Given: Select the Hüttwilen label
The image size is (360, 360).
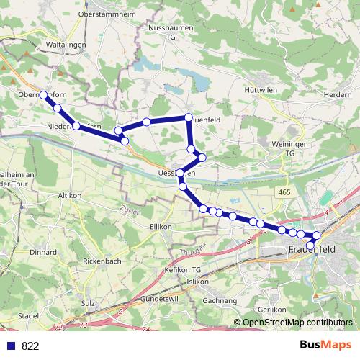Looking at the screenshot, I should tap(261, 89).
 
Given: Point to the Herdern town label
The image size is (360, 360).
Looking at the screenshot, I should tap(338, 94).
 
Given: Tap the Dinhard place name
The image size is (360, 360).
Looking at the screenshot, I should tap(43, 253).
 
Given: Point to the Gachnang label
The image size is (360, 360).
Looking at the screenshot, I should tap(220, 300).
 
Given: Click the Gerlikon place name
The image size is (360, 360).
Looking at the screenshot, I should tap(273, 308).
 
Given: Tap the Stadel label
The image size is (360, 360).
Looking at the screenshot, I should tap(27, 315).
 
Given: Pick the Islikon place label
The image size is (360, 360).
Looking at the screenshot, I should tap(197, 282).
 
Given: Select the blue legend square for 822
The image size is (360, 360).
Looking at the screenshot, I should tap(10, 346).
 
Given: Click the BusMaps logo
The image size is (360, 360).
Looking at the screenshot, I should tap(325, 345).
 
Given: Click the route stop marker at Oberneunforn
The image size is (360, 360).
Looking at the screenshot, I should tap(43, 95).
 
